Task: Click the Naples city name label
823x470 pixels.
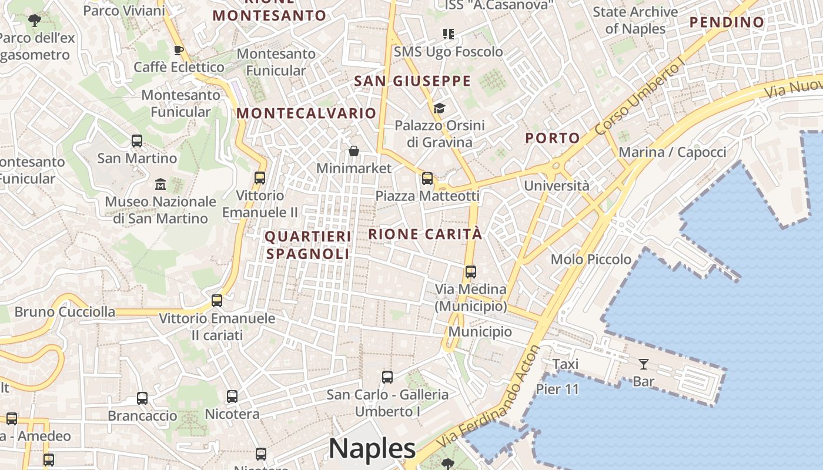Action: (x=372, y=449)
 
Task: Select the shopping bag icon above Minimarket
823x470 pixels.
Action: (x=353, y=152)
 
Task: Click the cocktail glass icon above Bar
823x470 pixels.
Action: (x=644, y=364)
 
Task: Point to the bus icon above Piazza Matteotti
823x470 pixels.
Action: (x=427, y=179)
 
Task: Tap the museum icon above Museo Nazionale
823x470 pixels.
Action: (x=160, y=184)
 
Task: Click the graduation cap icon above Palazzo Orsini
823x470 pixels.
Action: (x=439, y=108)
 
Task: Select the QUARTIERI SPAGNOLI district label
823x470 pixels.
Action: (x=308, y=245)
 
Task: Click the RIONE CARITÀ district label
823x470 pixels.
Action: (x=425, y=234)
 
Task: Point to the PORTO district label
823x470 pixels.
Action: (x=553, y=138)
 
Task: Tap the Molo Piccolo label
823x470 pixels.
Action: (x=591, y=259)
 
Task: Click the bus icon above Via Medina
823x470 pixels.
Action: (x=470, y=272)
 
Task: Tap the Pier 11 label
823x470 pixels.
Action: (x=557, y=389)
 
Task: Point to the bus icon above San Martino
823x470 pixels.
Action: (x=137, y=141)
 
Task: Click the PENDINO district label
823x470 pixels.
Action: (x=727, y=22)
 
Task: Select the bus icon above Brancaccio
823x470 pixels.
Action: (x=142, y=398)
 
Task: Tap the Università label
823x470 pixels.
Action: (x=556, y=186)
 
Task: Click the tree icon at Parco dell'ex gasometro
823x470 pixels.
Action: (x=35, y=21)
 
